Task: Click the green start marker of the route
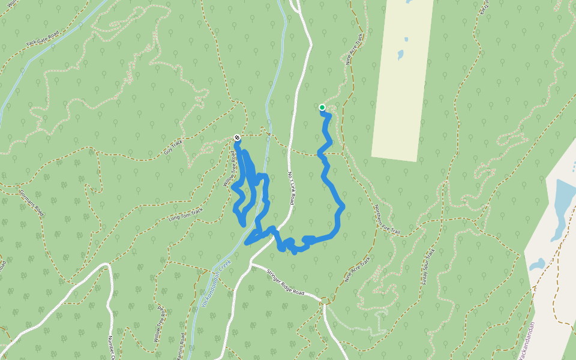(x=322, y=108)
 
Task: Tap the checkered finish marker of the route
(x=237, y=138)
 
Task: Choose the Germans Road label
(x=32, y=203)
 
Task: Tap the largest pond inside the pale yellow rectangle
(x=401, y=55)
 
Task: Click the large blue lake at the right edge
(x=564, y=204)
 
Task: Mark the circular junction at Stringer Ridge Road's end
(x=325, y=300)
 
